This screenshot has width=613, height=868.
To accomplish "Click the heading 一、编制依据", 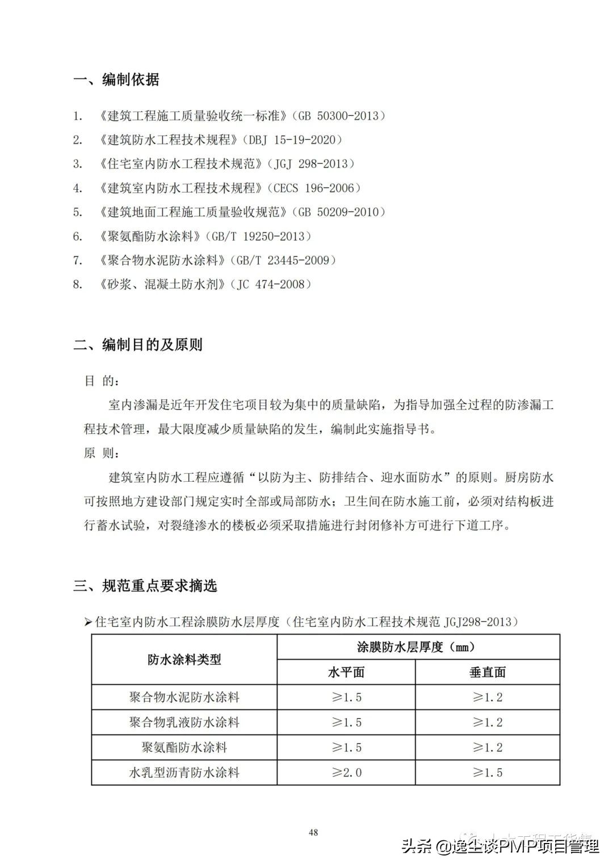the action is click(x=116, y=80).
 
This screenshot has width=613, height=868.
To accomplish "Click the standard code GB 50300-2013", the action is click(x=338, y=116).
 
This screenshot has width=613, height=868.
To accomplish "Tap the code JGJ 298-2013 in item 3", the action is click(x=314, y=164).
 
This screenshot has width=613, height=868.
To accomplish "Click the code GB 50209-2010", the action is click(x=338, y=212).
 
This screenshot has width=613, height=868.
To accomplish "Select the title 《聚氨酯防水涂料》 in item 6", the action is click(x=147, y=236).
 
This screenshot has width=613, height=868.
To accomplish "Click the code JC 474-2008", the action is click(x=271, y=285).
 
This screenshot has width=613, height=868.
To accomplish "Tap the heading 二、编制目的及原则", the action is click(x=138, y=345).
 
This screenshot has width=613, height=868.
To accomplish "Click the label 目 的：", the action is click(x=102, y=381).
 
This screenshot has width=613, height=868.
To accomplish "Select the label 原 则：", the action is click(x=102, y=453).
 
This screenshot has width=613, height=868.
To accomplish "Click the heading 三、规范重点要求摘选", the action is click(x=145, y=586).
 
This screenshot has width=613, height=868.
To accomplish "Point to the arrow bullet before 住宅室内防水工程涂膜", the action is click(x=88, y=623).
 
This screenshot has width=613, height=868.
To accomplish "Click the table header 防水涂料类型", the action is click(x=184, y=660).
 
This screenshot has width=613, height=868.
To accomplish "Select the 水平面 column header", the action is click(x=346, y=673).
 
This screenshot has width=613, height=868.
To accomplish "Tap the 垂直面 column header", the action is click(x=488, y=673).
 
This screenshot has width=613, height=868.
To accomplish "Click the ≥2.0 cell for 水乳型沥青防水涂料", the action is click(x=346, y=773).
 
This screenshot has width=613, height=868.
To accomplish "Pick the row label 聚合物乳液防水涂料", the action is click(x=184, y=723).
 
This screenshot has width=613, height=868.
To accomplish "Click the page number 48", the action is click(x=313, y=833).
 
